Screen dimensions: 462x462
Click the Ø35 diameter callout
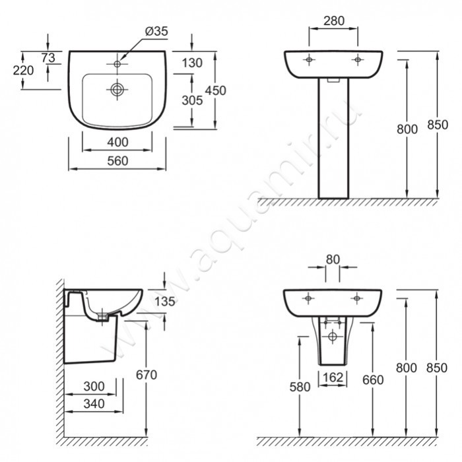click(x=156, y=31)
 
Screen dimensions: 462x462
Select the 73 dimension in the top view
click(x=48, y=58)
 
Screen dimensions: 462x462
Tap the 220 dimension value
click(x=23, y=71)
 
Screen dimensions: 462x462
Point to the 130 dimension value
click(x=192, y=63)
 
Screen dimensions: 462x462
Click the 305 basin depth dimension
click(x=192, y=100)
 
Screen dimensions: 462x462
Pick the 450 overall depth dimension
click(x=215, y=90)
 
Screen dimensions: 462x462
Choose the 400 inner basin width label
click(x=117, y=143)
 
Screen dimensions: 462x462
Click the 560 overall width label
click(x=117, y=161)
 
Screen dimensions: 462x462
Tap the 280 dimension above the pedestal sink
click(x=334, y=21)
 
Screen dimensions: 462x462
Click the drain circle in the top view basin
click(x=117, y=89)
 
